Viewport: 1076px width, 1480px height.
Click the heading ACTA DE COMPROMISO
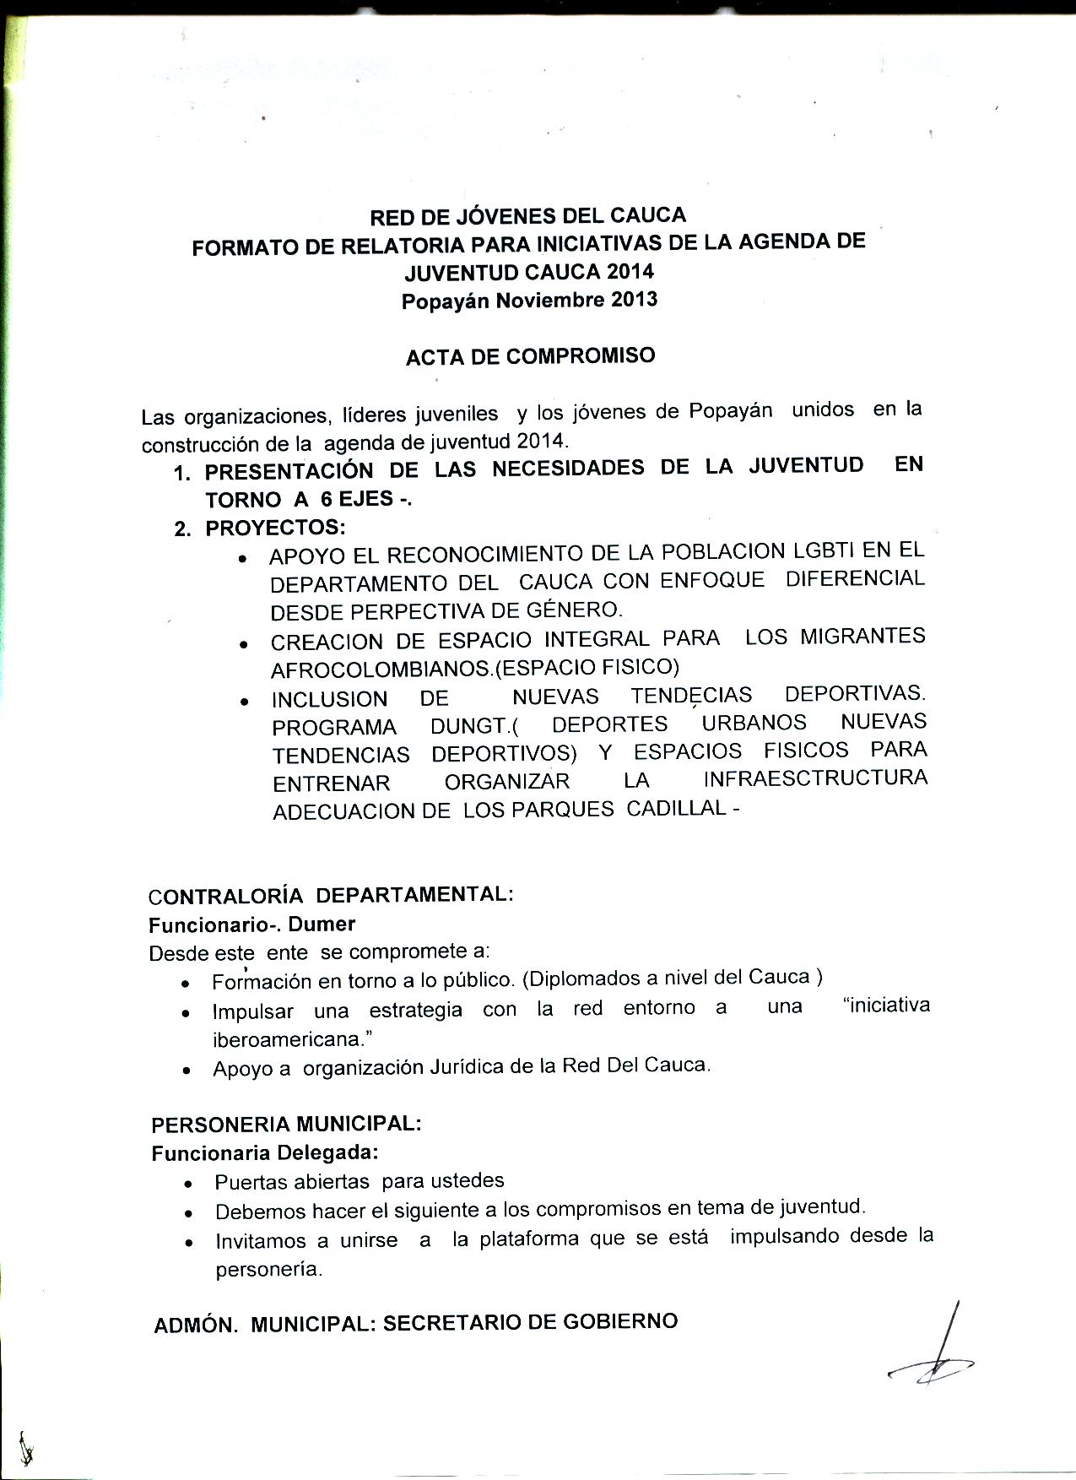tap(530, 356)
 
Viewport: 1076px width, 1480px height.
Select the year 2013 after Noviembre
tap(634, 300)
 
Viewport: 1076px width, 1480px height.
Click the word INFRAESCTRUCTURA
tap(815, 778)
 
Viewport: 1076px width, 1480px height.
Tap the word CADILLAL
tap(676, 808)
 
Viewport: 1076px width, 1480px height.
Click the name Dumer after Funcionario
tap(322, 924)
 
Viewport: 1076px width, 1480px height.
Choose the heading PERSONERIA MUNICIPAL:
tap(286, 1125)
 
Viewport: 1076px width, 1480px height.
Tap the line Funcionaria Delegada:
tap(265, 1153)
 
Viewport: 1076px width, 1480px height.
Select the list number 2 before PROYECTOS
tap(182, 529)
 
